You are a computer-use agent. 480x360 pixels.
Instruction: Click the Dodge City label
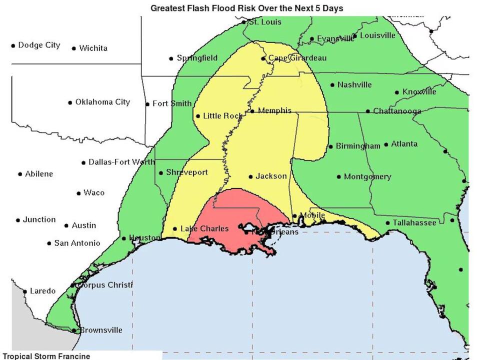(x=39, y=45)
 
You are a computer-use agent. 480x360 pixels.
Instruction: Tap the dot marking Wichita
(x=74, y=48)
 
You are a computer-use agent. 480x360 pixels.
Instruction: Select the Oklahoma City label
(x=102, y=102)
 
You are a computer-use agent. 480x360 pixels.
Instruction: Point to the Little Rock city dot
(x=198, y=116)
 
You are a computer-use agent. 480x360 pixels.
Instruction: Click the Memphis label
(x=274, y=110)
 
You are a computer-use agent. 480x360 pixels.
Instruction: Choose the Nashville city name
(x=354, y=84)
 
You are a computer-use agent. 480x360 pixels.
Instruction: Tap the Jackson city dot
(x=250, y=176)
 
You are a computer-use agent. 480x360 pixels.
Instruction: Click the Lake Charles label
(x=204, y=228)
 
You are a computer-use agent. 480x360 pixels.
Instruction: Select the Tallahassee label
(x=414, y=222)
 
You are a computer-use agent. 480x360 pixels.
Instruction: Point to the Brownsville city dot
(x=74, y=330)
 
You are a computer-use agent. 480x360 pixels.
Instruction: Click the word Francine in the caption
(x=74, y=356)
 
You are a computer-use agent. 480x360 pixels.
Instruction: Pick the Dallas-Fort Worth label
(x=121, y=162)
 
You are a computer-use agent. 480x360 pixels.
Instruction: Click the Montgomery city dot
(x=339, y=176)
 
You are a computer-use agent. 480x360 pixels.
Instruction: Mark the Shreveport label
(x=186, y=172)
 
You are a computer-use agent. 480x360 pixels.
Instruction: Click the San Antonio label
(x=77, y=243)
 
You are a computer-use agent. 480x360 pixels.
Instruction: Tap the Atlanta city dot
(x=386, y=144)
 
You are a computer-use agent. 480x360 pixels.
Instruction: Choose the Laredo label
(x=43, y=291)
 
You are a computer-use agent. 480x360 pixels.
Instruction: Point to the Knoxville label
(x=419, y=91)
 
